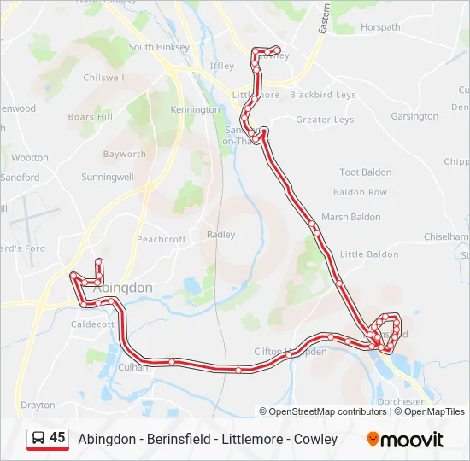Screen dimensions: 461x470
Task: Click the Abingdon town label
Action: point(122,289)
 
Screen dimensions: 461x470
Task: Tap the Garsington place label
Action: point(414,116)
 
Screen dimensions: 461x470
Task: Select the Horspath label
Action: point(380,27)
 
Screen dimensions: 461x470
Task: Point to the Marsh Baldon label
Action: point(346,217)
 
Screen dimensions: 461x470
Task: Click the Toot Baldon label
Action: point(366,172)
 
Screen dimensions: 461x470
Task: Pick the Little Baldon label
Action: point(369,254)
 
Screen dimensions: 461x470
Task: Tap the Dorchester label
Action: point(400,401)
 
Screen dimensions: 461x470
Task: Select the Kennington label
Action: point(195,110)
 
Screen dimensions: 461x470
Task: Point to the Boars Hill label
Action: point(90,117)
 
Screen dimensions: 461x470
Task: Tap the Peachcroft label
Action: point(162,240)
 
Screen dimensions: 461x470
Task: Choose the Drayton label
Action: point(38,405)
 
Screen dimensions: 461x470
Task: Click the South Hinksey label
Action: point(159,48)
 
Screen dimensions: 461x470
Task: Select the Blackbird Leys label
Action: point(322,95)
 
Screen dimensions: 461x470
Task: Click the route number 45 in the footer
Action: point(57,438)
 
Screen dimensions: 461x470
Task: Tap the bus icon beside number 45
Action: point(38,438)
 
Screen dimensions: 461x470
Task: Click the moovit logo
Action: point(405,439)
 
